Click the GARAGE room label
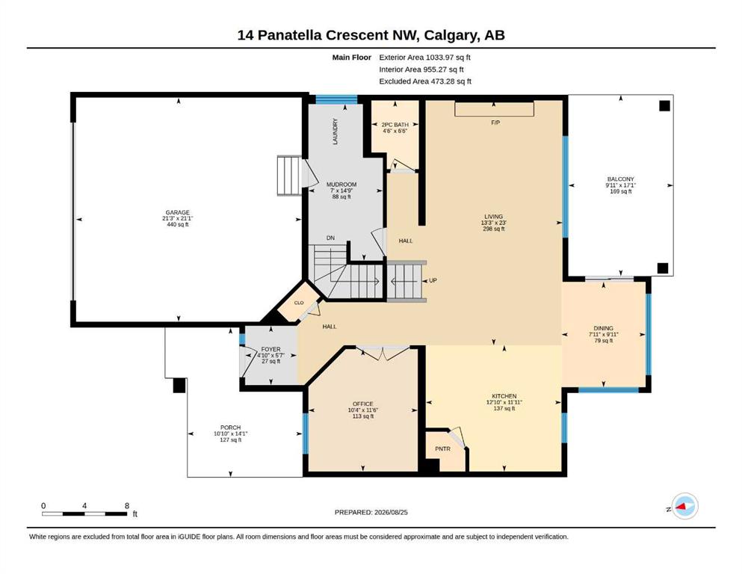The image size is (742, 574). [177, 212]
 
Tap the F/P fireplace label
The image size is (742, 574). [495, 123]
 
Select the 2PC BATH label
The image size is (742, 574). [395, 125]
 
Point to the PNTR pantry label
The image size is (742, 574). [442, 448]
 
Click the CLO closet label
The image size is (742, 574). [299, 303]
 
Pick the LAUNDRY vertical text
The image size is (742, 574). [335, 132]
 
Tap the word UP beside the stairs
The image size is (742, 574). [433, 280]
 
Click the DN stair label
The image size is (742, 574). [330, 238]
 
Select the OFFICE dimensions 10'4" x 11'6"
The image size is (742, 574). [363, 410]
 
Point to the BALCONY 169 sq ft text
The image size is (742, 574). [620, 191]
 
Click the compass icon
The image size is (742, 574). [684, 506]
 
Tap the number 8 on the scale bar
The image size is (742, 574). [127, 505]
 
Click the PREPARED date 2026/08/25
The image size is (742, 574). [391, 512]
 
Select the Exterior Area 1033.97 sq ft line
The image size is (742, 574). [424, 58]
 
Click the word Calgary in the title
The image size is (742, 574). [452, 35]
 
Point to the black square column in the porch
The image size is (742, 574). [179, 385]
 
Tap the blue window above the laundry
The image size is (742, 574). [336, 99]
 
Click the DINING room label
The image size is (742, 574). [603, 328]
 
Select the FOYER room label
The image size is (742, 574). [270, 349]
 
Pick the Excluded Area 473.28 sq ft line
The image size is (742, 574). [425, 81]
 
